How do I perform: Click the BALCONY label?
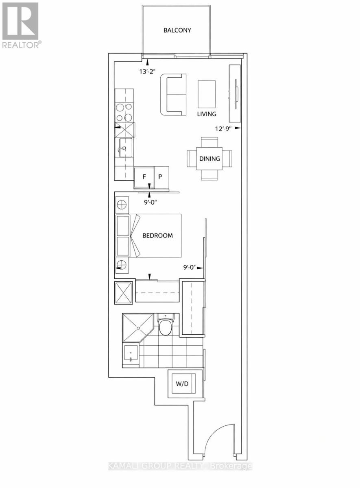[x=177, y=30]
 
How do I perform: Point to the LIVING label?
[x=207, y=114]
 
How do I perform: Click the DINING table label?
[x=209, y=159]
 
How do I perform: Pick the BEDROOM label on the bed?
[x=157, y=235]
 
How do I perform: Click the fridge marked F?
[x=144, y=177]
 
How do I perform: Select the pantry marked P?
[x=161, y=177]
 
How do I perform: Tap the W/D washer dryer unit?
[x=182, y=383]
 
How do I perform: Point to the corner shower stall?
[x=136, y=327]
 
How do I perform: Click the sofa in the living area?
[x=174, y=94]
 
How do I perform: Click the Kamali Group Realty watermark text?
[x=180, y=466]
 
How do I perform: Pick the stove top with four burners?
[x=124, y=113]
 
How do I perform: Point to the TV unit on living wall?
[x=235, y=94]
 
